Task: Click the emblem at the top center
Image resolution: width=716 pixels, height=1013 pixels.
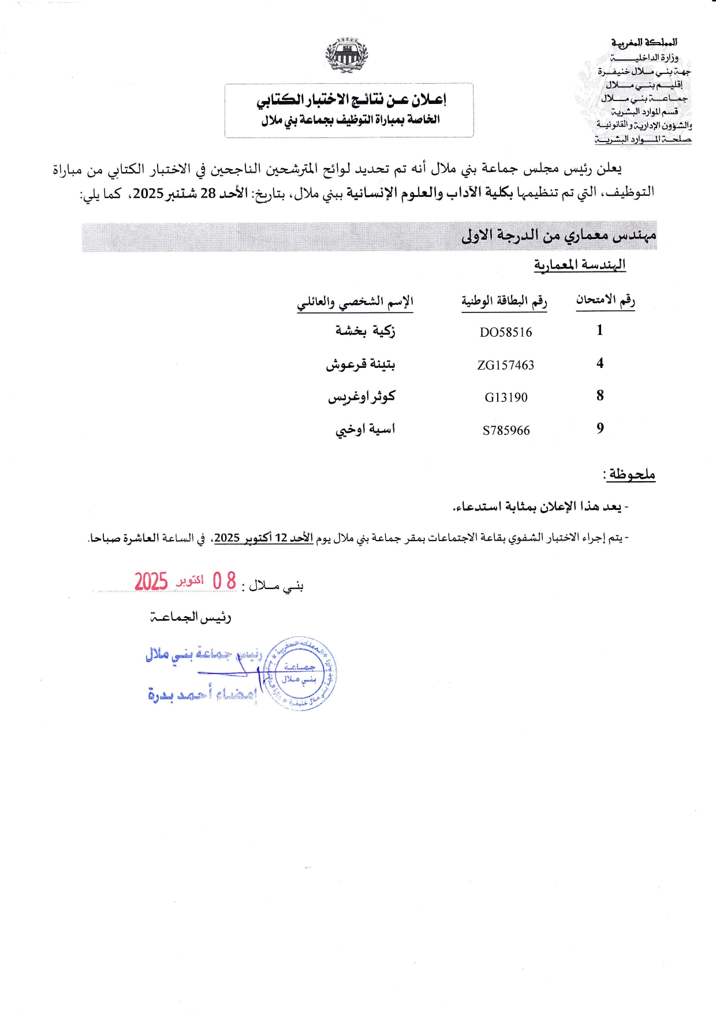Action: pos(347,55)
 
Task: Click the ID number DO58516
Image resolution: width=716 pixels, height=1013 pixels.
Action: pos(506,332)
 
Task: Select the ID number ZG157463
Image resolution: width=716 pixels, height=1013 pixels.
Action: pos(506,365)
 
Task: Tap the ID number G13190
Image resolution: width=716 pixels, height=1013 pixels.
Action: pos(506,397)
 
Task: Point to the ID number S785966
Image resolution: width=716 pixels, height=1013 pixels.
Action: pos(506,430)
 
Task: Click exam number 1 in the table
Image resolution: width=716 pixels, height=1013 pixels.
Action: pos(600,330)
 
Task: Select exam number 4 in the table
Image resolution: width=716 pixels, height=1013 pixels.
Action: pos(600,363)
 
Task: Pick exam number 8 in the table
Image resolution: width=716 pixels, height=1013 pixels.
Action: pos(600,396)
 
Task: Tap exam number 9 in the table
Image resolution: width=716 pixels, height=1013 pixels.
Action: pos(600,429)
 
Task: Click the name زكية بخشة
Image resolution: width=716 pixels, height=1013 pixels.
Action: pos(366,331)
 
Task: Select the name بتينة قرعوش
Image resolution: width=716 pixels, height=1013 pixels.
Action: pos(361,364)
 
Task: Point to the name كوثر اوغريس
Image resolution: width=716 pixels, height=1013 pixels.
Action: pos(362,397)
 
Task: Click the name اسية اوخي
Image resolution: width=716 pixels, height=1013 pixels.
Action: pos(366,430)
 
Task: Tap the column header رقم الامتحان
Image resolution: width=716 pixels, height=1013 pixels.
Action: pos(605,300)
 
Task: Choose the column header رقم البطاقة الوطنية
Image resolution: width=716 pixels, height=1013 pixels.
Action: pos(504,301)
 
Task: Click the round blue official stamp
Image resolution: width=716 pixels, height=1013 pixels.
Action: pos(300,673)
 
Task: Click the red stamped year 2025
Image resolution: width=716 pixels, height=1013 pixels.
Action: pos(151,581)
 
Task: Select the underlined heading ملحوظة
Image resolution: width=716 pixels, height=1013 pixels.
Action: pos(630,475)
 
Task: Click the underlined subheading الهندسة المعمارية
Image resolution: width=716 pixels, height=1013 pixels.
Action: pos(580,265)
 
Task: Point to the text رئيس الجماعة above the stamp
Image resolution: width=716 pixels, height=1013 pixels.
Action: pos(191,617)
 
